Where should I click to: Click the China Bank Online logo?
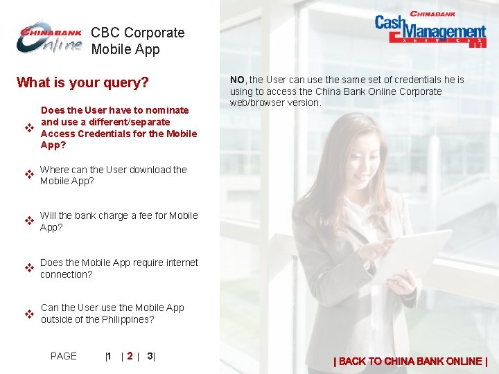[x=50, y=39]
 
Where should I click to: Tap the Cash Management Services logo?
[x=430, y=29]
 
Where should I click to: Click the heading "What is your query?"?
[x=82, y=83]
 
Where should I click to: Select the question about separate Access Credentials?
[x=119, y=127]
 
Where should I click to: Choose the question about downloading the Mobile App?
[x=113, y=175]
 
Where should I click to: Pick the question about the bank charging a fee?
[x=119, y=221]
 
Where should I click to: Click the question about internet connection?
[x=119, y=268]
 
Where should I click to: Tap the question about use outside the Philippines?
[x=112, y=314]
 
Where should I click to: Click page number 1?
[x=109, y=356]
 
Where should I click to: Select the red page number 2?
[x=130, y=356]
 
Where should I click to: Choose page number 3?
[x=150, y=356]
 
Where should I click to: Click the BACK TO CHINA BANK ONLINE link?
[x=411, y=361]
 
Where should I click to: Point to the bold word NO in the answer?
[x=238, y=80]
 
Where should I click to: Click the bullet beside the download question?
[x=30, y=175]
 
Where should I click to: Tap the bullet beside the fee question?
[x=30, y=221]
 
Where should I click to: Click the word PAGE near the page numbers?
[x=64, y=356]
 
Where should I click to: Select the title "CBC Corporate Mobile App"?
[x=137, y=41]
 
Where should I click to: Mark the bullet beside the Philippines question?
[x=30, y=314]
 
